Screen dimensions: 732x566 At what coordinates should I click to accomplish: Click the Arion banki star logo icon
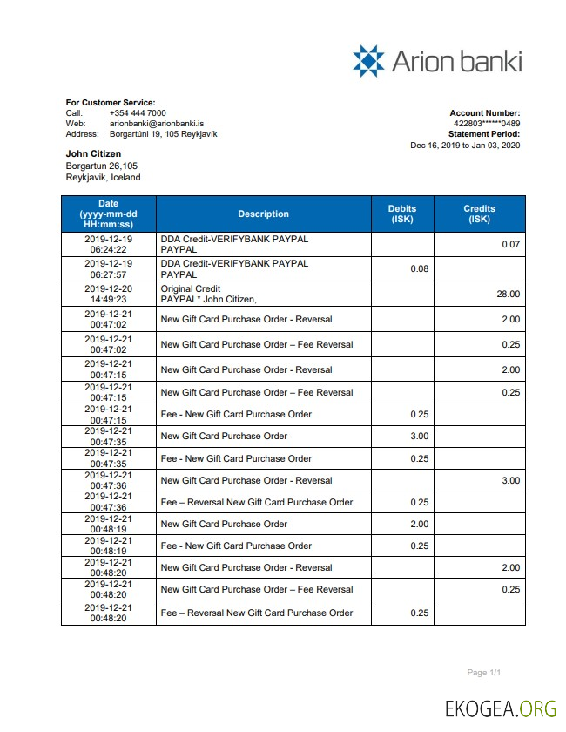pos(368,61)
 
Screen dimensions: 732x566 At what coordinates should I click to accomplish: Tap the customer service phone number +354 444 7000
pos(138,113)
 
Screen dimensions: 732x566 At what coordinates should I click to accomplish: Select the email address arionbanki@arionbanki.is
pos(157,124)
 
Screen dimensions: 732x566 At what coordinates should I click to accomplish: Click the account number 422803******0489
pos(487,124)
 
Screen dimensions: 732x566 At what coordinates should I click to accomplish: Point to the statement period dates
pos(465,146)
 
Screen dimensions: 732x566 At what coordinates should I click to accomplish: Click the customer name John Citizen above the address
pos(93,154)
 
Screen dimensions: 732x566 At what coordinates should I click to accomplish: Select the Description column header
pos(263,214)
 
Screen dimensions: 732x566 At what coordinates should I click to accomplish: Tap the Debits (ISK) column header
pos(401,214)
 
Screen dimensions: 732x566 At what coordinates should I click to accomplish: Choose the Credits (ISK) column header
pos(479,214)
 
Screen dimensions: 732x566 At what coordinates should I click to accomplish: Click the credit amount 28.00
pos(508,295)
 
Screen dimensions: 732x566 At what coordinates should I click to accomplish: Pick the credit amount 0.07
pos(510,245)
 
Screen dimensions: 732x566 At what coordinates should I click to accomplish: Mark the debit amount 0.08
pos(419,269)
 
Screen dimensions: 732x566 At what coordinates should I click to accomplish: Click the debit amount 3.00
pos(419,437)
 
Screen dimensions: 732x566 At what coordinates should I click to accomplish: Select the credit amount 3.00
pos(510,481)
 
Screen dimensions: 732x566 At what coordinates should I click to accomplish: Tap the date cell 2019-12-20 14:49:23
pos(108,294)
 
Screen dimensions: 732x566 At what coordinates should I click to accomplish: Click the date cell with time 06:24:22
pos(108,244)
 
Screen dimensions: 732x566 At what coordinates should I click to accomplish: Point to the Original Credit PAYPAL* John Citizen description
pos(209,294)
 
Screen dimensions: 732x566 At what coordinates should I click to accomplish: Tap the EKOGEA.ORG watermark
pos(500,708)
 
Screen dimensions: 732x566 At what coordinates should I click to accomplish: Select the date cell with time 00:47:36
pos(108,503)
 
